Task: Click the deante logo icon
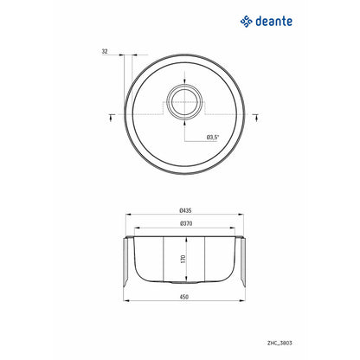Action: click(x=247, y=22)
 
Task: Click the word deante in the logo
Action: click(x=273, y=21)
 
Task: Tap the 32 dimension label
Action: click(x=105, y=51)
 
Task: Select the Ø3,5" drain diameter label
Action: click(x=213, y=138)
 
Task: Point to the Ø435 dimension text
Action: click(x=185, y=210)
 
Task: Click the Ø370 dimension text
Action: click(x=186, y=223)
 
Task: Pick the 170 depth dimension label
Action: click(x=183, y=259)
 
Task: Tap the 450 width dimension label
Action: click(x=184, y=297)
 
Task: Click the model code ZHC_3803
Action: click(x=280, y=343)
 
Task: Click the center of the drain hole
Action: click(x=184, y=102)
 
